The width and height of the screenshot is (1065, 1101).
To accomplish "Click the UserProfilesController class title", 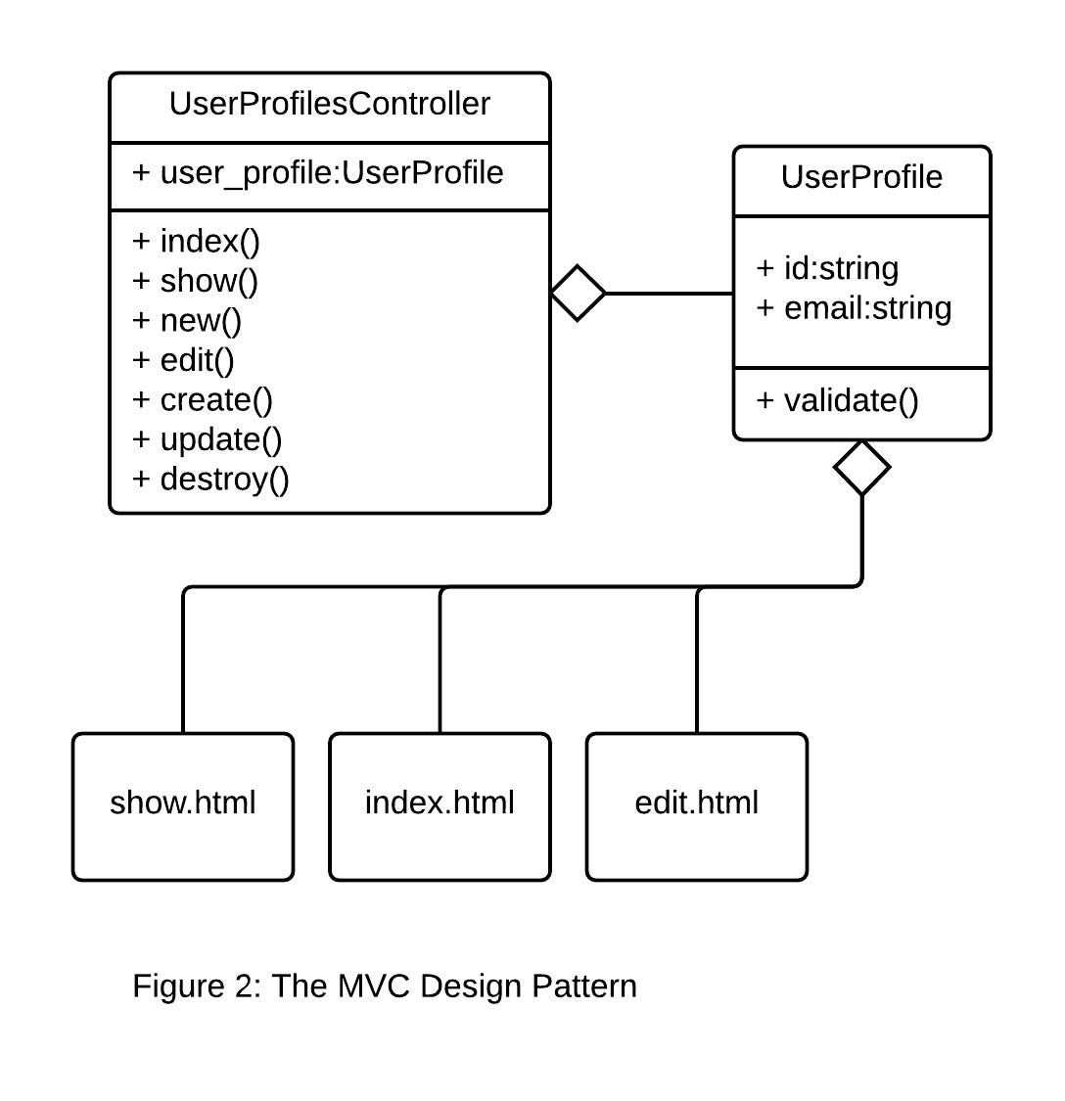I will point(329,104).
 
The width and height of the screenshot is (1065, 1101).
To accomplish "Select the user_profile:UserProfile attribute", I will point(318,173).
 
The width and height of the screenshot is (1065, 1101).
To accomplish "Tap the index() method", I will point(197,241).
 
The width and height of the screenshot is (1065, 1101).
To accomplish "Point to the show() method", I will point(196,281).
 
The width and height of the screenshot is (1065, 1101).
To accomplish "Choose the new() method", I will point(187,321).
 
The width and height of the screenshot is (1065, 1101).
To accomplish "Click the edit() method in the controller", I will point(184,360).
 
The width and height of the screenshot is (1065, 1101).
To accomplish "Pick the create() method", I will point(203,400).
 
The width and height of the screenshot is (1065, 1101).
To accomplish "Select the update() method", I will point(208,439).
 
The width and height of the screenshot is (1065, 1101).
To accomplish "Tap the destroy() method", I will point(211,480).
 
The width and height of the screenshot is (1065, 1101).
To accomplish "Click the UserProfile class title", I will point(861,177).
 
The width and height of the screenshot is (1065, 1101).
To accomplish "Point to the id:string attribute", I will point(828,268).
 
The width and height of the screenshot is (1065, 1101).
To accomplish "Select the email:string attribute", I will point(855,308).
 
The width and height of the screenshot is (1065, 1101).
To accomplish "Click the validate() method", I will point(838,400).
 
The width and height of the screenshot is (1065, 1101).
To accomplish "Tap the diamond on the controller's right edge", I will point(579,293).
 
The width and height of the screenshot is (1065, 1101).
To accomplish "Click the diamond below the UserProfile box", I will point(861,468).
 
